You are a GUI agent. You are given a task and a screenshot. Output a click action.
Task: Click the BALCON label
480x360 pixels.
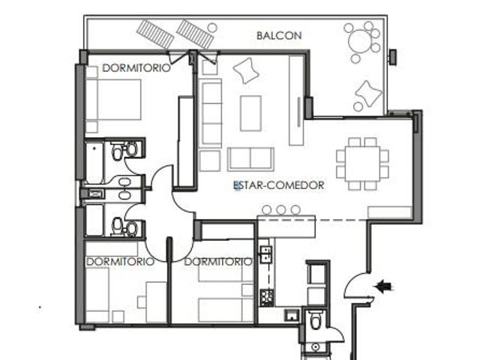(279, 35)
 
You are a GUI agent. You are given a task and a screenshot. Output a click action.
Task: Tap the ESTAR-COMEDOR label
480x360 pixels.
(278, 185)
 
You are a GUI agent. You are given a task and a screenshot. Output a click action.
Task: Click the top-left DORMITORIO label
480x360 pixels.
(136, 68)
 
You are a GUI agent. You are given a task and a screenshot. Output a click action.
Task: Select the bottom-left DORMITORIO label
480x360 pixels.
(120, 262)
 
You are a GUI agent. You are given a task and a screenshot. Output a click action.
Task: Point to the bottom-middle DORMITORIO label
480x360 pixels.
(218, 262)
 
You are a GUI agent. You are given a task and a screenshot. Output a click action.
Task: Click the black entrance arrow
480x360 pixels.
(384, 287)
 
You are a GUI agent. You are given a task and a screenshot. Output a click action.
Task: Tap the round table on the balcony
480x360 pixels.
(361, 42)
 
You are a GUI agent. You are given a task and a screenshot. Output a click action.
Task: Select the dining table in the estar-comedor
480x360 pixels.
(362, 163)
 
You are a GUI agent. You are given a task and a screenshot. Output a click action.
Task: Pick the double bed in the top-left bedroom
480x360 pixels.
(113, 100)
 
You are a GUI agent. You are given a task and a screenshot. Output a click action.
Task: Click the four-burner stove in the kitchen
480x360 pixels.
(266, 297)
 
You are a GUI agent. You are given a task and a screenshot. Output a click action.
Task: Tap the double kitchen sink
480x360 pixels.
(266, 254)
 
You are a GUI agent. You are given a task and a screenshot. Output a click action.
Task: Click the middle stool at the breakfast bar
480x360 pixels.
(281, 210)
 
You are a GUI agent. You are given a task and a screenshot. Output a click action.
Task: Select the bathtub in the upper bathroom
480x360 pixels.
(94, 162)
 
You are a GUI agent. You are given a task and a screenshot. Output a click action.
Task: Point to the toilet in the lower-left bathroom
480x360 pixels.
(118, 227)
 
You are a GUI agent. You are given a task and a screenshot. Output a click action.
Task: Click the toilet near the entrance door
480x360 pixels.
(315, 319)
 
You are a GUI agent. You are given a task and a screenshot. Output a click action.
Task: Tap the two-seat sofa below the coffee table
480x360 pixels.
(250, 159)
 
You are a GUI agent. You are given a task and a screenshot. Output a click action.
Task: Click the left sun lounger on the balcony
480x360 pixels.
(155, 34)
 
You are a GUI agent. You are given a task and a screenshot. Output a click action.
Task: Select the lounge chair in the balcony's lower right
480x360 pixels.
(368, 94)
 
